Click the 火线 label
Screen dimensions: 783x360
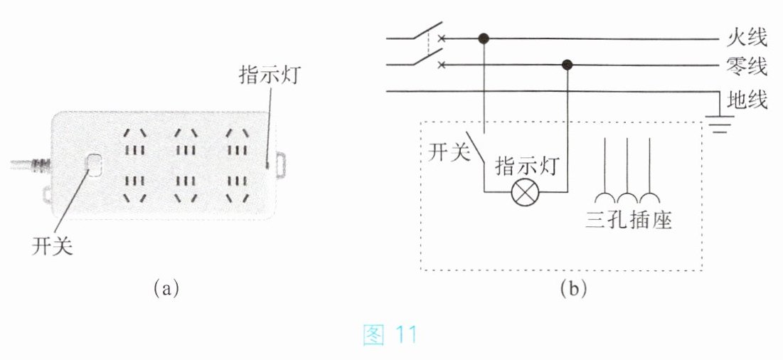pos(747,37)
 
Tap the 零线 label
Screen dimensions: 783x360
pos(747,66)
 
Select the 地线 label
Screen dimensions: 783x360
pos(747,100)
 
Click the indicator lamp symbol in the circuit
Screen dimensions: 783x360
pos(526,192)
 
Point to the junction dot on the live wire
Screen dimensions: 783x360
pos(484,38)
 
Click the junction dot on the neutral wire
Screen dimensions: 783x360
pos(567,65)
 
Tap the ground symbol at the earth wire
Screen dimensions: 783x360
pos(719,125)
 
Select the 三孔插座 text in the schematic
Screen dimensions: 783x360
pos(628,220)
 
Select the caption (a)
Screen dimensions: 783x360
pos(166,289)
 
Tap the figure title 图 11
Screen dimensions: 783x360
pos(390,335)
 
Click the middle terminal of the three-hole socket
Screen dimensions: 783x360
pos(627,170)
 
